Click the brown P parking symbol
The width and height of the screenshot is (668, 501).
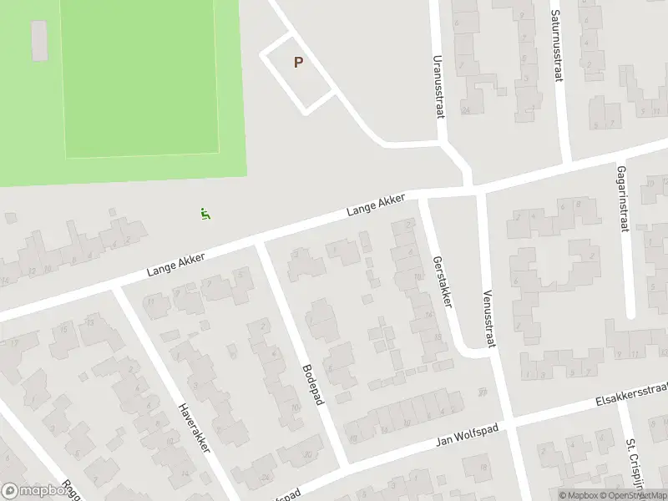click(x=298, y=62)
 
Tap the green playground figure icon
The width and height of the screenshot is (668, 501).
click(x=205, y=214)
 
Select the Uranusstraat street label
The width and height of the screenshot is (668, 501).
click(x=437, y=88)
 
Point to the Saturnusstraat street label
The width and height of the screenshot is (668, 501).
click(x=555, y=46)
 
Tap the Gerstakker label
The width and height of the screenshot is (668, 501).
click(x=442, y=281)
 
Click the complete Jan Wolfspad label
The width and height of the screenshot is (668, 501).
click(x=468, y=434)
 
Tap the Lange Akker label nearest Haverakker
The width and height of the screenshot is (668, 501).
click(x=175, y=261)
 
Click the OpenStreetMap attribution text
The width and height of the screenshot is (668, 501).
click(x=635, y=495)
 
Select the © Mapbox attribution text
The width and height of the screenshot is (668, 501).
click(x=579, y=495)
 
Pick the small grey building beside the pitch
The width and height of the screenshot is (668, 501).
click(x=39, y=41)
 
